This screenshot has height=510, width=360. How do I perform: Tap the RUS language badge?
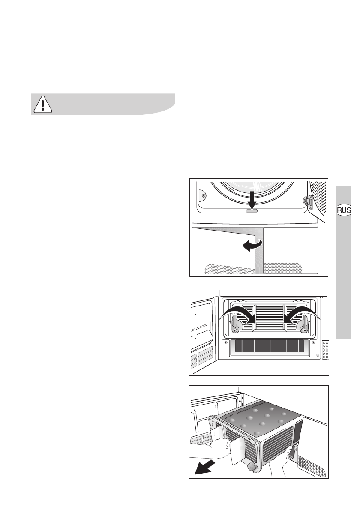click(x=344, y=210)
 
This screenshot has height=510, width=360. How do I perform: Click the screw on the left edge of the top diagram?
click(x=203, y=195)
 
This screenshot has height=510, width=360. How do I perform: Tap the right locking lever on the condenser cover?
click(x=304, y=325)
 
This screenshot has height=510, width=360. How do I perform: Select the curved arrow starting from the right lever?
click(x=300, y=311)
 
